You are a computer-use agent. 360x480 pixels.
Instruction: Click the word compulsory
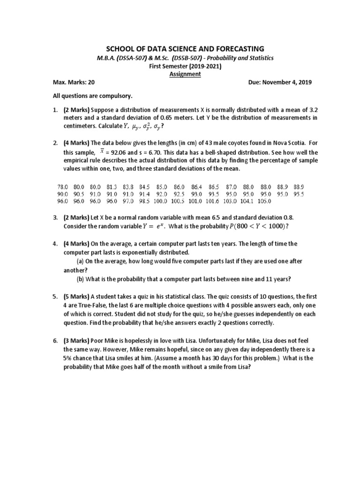click(117, 96)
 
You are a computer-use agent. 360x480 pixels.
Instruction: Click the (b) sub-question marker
click(81, 278)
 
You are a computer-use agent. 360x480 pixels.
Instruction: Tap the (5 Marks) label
click(77, 297)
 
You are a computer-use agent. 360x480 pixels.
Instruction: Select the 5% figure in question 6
click(70, 358)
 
